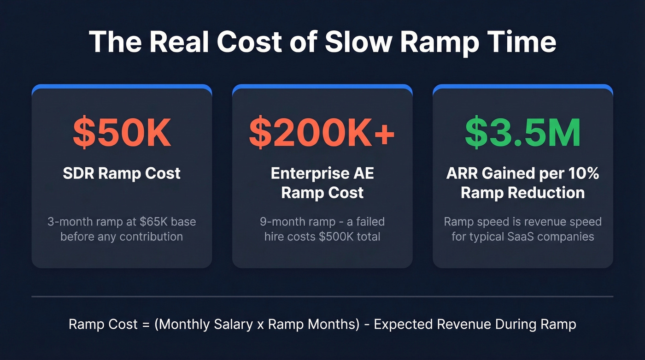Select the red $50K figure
(x=122, y=133)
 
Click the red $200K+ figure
(x=322, y=133)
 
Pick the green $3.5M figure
(x=522, y=133)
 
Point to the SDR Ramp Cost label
(x=122, y=174)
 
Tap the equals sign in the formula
(x=146, y=324)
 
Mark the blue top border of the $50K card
(x=122, y=86)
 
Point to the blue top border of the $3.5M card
(x=522, y=86)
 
